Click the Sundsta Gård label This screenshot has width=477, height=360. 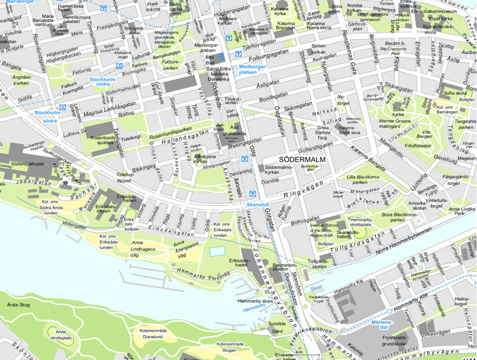[x=277, y=327]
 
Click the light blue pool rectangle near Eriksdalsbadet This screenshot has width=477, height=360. [x=217, y=251]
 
